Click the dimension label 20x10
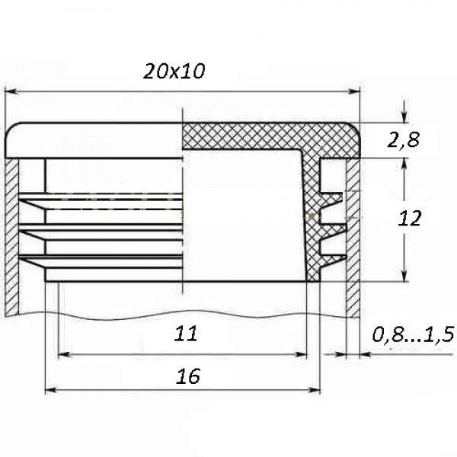pos(174,71)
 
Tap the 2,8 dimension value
pos(403,139)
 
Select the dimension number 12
pos(410,219)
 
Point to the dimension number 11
pos(186,334)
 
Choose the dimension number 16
pos(188,376)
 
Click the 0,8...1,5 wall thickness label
pos(413,334)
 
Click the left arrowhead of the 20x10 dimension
pos(11,92)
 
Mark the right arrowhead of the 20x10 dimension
pos(354,92)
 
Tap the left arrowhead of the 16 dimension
pos(51,390)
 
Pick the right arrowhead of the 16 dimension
pos(314,390)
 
